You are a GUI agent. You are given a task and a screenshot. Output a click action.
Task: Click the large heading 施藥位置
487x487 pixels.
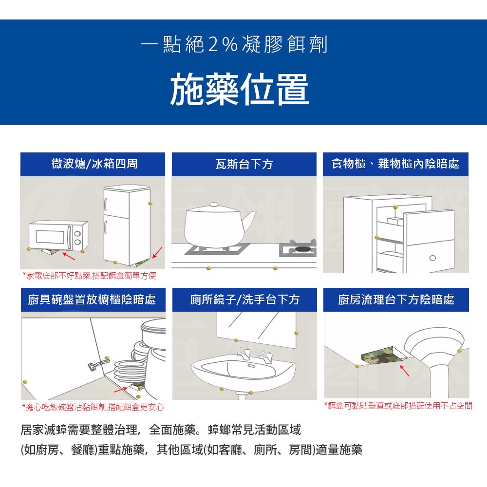coord(239,89)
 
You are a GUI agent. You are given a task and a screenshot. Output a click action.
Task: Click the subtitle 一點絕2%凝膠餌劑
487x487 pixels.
coord(234,44)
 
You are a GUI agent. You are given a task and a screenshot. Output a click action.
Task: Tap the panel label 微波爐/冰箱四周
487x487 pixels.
coord(94,164)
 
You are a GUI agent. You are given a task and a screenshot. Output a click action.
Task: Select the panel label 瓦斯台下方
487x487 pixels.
coord(244,164)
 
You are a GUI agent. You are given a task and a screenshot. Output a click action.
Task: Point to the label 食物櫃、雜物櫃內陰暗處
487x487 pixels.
coord(395,164)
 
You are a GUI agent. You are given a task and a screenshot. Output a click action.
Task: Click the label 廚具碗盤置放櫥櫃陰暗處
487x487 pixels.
coord(92,300)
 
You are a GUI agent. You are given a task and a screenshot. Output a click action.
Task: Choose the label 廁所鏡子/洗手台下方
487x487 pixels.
coord(245,300)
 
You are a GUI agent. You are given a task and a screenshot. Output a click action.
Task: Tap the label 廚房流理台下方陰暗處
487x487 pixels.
coord(396,300)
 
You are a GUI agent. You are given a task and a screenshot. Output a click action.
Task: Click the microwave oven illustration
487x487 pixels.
coord(58,235)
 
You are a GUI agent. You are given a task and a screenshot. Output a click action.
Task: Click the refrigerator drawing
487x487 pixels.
coord(127,225)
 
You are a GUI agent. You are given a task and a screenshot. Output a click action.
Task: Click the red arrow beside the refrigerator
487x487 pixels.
coord(157,252)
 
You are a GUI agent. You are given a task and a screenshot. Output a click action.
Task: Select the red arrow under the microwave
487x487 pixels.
coord(69,256)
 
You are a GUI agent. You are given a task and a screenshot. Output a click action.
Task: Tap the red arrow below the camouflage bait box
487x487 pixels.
coord(404,371)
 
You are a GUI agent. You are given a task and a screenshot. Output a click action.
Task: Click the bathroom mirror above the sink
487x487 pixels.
coord(256,330)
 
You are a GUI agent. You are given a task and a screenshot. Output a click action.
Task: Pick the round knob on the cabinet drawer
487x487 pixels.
coord(432,258)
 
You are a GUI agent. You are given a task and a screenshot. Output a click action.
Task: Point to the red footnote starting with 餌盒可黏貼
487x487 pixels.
coord(398,406)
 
